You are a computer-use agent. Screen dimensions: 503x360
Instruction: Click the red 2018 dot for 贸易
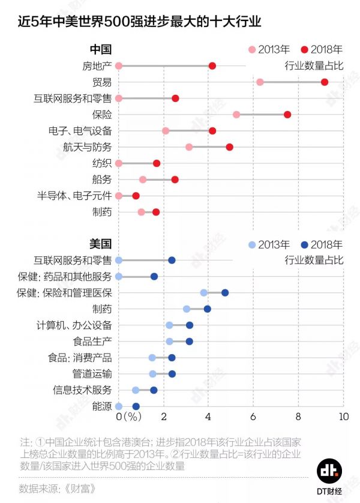point(325,82)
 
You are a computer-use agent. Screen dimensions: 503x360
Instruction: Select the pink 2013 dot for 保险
point(236,114)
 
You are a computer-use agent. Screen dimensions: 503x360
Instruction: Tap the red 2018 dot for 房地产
point(212,65)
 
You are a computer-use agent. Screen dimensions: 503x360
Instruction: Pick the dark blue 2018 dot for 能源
point(136,406)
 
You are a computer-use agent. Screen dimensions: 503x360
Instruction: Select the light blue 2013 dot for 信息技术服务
point(136,390)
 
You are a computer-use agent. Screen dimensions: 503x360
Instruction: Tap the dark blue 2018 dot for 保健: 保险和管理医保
point(225,293)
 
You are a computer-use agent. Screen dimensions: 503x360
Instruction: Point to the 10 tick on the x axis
point(343,417)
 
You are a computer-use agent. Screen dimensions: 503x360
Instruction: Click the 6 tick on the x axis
point(253,417)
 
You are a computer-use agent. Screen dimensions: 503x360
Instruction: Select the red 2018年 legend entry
point(322,49)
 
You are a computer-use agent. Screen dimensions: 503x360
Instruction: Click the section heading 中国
point(100,49)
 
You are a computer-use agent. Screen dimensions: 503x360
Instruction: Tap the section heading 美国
point(100,244)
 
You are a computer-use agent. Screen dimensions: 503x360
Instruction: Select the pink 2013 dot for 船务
point(143,179)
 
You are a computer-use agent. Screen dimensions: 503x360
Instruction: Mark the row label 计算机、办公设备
point(74,325)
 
